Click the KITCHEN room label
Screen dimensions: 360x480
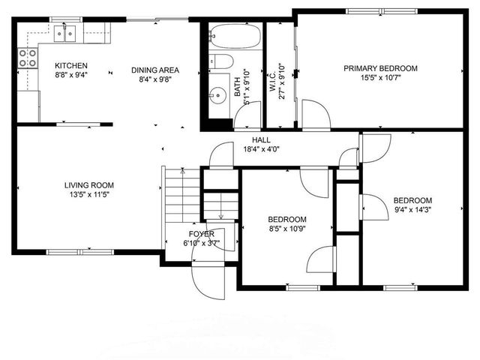(71, 66)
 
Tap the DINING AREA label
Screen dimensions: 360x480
(155, 70)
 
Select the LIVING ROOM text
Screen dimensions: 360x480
(88, 185)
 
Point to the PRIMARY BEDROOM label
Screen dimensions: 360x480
(381, 68)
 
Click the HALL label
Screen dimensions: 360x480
(261, 140)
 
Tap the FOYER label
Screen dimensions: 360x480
(202, 234)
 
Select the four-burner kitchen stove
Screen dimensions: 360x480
(27, 58)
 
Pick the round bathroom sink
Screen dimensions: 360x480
(217, 94)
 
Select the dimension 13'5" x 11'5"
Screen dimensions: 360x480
(88, 195)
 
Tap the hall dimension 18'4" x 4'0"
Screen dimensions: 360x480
(261, 149)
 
